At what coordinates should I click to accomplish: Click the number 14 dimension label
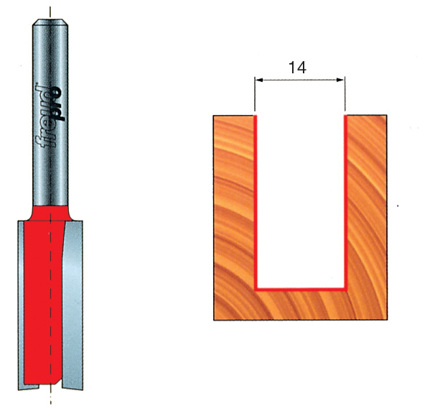point(297,68)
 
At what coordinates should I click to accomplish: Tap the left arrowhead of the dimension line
point(259,80)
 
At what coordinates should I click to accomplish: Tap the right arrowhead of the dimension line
point(340,80)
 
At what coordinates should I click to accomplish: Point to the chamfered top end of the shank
point(50,22)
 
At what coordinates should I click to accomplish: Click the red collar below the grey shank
point(50,213)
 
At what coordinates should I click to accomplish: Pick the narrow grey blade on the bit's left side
point(21,290)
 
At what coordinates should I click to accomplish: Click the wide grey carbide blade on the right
point(73,290)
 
